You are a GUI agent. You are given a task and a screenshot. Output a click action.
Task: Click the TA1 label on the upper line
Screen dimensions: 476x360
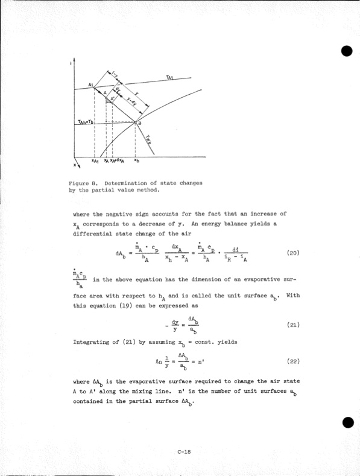[169, 77]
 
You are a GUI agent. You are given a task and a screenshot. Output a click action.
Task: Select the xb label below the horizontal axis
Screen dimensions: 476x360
[137, 161]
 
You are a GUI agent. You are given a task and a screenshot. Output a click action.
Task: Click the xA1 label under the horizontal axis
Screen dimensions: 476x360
[95, 161]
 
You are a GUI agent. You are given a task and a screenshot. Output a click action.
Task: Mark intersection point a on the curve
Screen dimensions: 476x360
[137, 123]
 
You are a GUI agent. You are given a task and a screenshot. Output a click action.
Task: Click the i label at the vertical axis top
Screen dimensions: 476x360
[72, 63]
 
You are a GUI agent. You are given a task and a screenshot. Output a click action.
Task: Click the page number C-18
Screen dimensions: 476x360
[185, 451]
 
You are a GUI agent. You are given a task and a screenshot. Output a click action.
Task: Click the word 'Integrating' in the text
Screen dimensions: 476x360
[92, 342]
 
